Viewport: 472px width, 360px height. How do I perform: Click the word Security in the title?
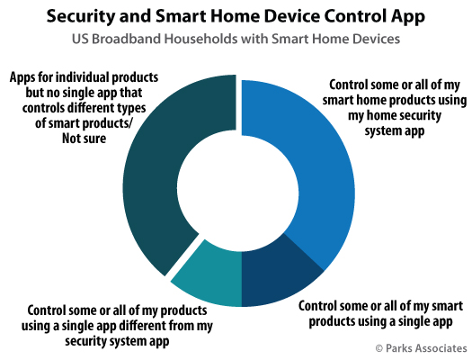click(80, 16)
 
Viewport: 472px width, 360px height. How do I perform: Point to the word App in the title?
click(408, 17)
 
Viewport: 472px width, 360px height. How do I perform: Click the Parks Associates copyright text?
click(422, 348)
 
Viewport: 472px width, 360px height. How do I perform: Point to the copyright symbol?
click(379, 348)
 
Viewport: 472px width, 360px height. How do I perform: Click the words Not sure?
click(84, 139)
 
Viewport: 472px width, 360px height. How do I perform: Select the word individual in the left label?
click(83, 77)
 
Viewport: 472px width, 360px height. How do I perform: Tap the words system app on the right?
click(395, 131)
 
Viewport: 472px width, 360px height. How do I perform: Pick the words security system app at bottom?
click(117, 342)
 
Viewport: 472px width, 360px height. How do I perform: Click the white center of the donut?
click(238, 193)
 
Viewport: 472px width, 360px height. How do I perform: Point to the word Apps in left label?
click(22, 78)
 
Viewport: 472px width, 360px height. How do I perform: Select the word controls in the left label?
click(43, 108)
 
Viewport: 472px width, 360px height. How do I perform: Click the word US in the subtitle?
click(80, 39)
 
